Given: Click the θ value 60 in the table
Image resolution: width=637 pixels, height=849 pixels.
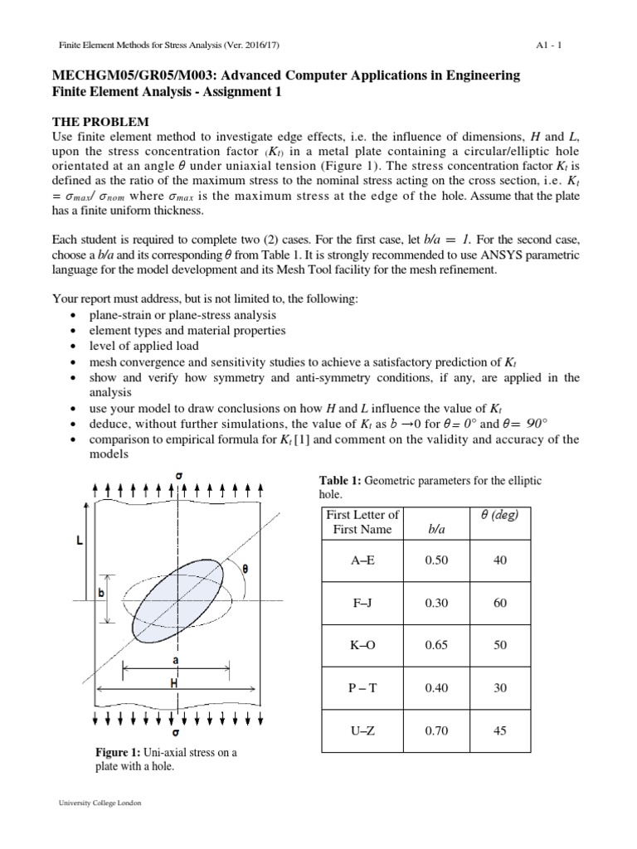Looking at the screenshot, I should click(x=499, y=604).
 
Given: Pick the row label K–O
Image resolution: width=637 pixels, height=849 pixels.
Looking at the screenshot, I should click(x=363, y=645).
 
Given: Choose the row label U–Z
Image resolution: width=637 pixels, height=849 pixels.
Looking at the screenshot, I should click(x=363, y=730).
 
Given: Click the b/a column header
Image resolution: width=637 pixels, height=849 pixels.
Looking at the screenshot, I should click(x=435, y=528).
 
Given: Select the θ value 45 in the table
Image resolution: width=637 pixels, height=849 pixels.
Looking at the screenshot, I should click(x=499, y=730).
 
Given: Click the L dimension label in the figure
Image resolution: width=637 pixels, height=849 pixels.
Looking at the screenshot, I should click(x=79, y=541).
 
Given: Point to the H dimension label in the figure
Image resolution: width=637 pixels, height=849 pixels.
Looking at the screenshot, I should click(x=175, y=684).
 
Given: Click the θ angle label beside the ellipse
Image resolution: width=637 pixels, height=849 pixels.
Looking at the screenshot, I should click(x=246, y=570).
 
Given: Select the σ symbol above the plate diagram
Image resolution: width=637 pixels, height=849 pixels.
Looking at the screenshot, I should click(x=180, y=476).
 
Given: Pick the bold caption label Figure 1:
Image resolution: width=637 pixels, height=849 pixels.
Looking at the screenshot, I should click(x=119, y=753).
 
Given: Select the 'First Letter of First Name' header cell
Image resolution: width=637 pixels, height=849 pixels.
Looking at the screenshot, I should click(x=363, y=522).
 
